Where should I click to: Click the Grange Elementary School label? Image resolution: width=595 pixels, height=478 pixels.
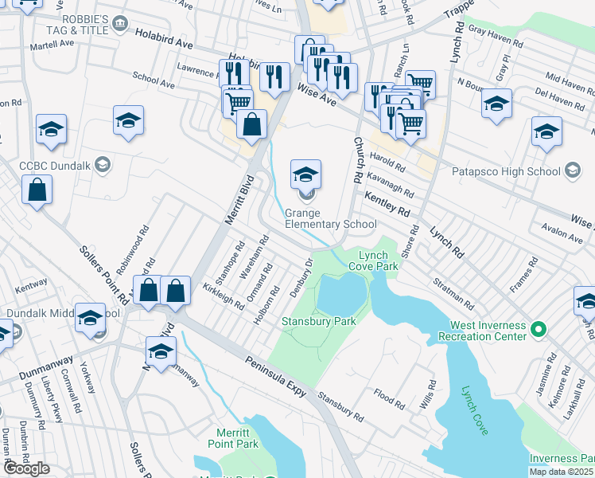330,218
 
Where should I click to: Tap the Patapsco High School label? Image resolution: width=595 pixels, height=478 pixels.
506,171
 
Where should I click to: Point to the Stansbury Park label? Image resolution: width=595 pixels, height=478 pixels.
318,321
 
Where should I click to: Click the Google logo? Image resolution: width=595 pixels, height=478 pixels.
26,468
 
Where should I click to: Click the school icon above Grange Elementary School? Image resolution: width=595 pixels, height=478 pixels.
305,174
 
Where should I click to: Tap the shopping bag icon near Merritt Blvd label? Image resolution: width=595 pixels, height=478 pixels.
251,125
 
